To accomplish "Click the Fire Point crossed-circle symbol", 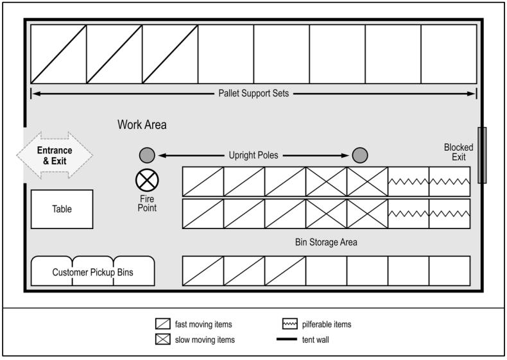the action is [x=147, y=180].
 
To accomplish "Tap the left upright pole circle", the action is [x=147, y=155].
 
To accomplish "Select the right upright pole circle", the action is [x=360, y=155].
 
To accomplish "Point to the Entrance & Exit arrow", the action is [x=55, y=155].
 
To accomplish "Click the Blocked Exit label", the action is [x=458, y=152].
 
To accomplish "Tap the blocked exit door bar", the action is [x=482, y=155].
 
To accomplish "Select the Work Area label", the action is [x=142, y=124].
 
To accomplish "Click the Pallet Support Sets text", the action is [x=253, y=94].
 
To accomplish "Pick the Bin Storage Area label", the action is [x=326, y=243].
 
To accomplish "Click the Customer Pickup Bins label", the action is [x=93, y=272].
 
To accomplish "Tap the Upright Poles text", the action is [x=253, y=155].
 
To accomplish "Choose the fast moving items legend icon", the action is [x=162, y=324].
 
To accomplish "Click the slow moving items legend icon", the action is [x=162, y=339].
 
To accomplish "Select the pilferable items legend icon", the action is [x=289, y=324].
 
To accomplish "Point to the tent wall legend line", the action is [x=286, y=339].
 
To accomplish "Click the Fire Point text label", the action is [x=147, y=203].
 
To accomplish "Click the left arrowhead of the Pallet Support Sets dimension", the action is [x=37, y=94].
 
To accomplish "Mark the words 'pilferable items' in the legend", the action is [x=327, y=324].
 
